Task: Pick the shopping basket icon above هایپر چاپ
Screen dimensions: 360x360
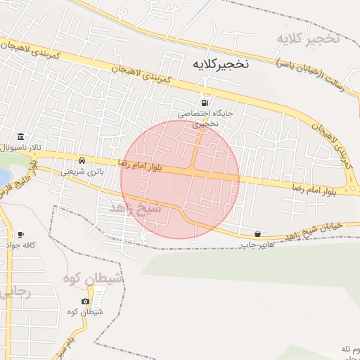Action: (258, 233)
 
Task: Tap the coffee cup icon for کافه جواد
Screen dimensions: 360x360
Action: (21, 234)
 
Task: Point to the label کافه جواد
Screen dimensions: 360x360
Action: (20, 245)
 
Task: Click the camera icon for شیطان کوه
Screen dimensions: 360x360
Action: (86, 301)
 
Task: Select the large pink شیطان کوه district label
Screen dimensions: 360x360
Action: (94, 279)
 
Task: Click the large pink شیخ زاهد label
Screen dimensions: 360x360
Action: (136, 209)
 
